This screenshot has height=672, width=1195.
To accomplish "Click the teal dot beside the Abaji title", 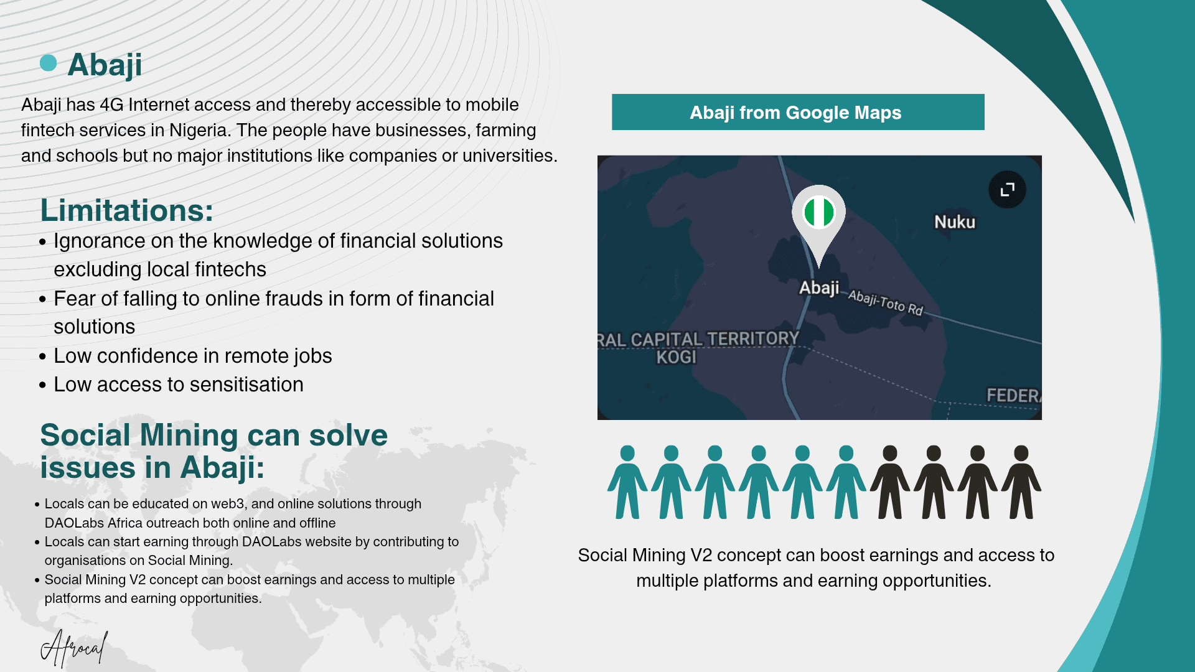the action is (48, 63).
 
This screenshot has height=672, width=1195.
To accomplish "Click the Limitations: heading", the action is (127, 210).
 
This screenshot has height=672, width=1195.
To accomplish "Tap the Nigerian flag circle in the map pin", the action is (818, 212).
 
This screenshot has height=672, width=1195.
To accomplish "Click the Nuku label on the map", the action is (955, 222).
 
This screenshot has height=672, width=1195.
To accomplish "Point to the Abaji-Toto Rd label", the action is (886, 302).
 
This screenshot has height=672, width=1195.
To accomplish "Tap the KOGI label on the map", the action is (677, 357).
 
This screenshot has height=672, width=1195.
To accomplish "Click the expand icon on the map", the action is (1007, 189).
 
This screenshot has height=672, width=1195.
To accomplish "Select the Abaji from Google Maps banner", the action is (798, 112).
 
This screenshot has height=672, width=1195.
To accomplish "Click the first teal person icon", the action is (627, 482).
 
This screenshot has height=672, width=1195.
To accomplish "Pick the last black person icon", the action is (1021, 482).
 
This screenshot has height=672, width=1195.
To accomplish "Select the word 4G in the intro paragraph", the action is (111, 105).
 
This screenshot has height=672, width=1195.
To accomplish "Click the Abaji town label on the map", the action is (819, 288).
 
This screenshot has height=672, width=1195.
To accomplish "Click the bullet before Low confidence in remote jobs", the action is (42, 357).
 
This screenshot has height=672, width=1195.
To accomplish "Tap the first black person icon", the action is (890, 482).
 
